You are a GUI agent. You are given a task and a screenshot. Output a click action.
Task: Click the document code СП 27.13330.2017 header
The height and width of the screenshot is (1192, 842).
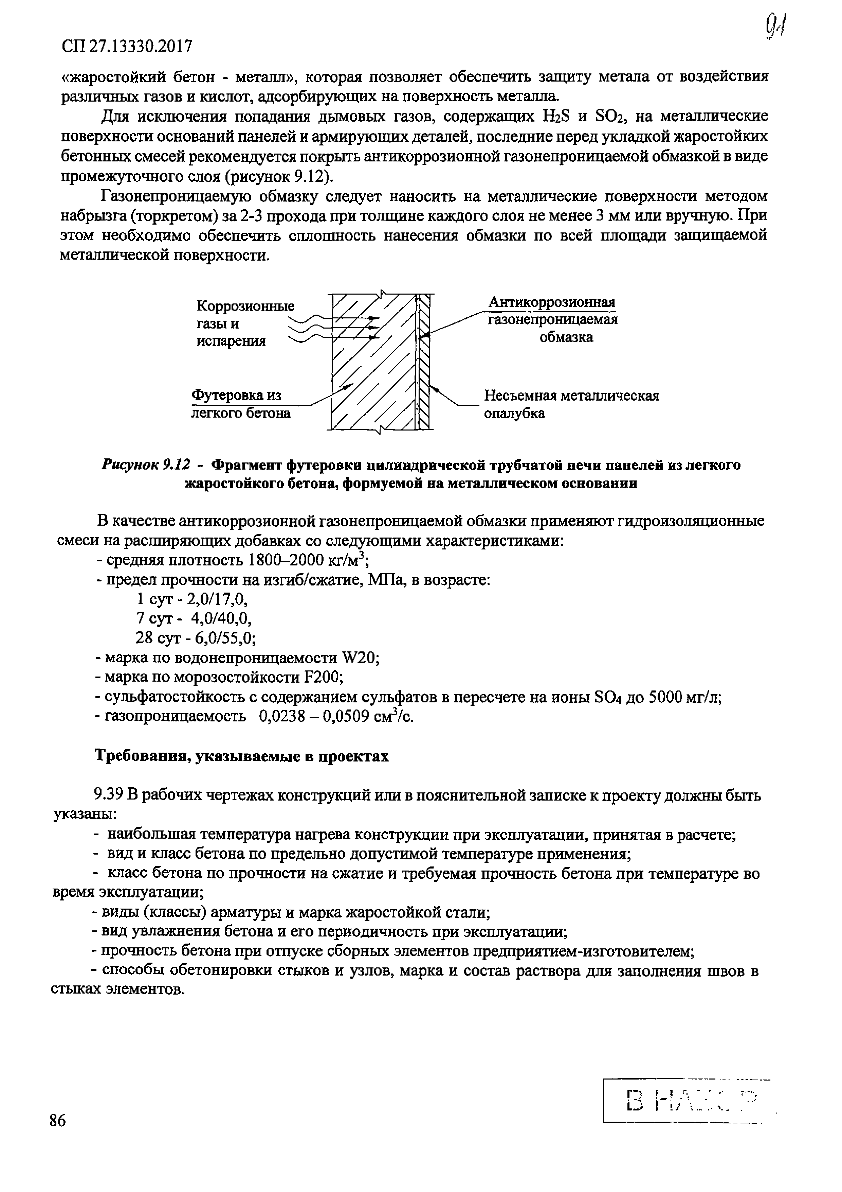point(127,47)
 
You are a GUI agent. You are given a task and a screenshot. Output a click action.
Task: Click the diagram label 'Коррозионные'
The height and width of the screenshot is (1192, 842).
point(245,306)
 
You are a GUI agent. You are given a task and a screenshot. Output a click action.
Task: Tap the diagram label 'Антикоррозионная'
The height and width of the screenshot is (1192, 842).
point(552,302)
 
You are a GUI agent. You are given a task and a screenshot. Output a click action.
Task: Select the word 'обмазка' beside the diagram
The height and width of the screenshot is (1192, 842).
point(566,337)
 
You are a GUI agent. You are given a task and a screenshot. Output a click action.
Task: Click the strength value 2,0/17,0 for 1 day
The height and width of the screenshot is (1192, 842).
point(217,599)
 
